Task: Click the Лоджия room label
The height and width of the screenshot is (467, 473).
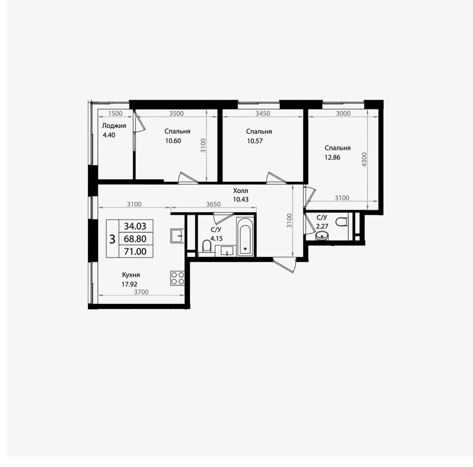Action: [x=114, y=126]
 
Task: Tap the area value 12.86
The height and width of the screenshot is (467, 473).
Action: [x=332, y=157]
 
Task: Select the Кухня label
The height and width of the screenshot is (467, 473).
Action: [x=131, y=275]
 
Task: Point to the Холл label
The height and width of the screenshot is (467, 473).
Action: [x=241, y=191]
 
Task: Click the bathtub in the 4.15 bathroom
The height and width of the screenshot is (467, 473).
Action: [x=245, y=237]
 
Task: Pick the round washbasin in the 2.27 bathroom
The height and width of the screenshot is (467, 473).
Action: [x=322, y=236]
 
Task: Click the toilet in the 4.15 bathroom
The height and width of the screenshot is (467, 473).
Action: [x=206, y=247]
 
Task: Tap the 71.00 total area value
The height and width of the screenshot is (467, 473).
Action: [x=135, y=252]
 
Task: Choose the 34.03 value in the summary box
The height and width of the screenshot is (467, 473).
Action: [x=135, y=226]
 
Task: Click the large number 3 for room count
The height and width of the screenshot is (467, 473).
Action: [x=112, y=239]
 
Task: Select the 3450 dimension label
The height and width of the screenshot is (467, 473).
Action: [x=263, y=113]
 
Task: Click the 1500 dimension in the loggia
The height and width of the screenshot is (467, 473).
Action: [x=115, y=114]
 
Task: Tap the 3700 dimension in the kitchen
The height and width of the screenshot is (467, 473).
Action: [x=141, y=292]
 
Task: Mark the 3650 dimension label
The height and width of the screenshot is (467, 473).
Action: [x=214, y=204]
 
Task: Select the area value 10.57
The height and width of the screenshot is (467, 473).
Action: [x=255, y=141]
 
